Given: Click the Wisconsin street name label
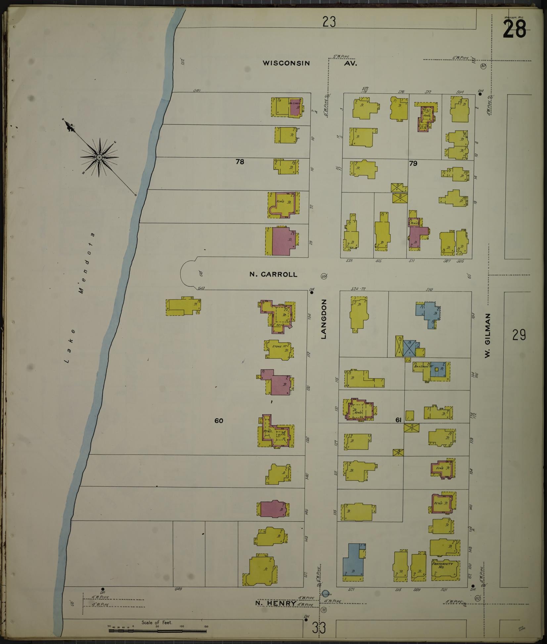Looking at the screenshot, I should [x=286, y=63].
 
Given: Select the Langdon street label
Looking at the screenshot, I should [x=324, y=319].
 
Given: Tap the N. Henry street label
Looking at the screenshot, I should [x=276, y=372].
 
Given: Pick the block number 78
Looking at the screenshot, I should [x=240, y=162].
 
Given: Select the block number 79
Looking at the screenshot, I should [x=413, y=163].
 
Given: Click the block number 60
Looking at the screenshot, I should [x=218, y=421].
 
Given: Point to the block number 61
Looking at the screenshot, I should [x=398, y=420].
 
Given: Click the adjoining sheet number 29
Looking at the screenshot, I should [x=519, y=335].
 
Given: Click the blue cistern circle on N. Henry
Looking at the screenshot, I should [x=326, y=362].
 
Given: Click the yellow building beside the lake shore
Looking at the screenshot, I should [x=183, y=306].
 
